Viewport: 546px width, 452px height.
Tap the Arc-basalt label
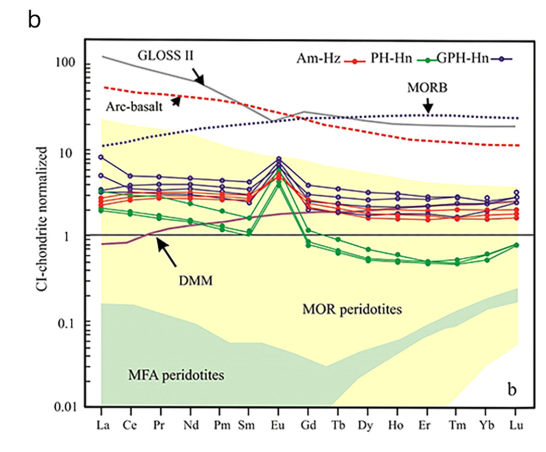(137, 106)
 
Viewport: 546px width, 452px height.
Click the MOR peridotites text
(352, 309)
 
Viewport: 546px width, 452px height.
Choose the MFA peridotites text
(176, 374)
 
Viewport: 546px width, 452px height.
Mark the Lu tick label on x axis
(516, 425)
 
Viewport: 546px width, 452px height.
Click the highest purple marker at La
(101, 157)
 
